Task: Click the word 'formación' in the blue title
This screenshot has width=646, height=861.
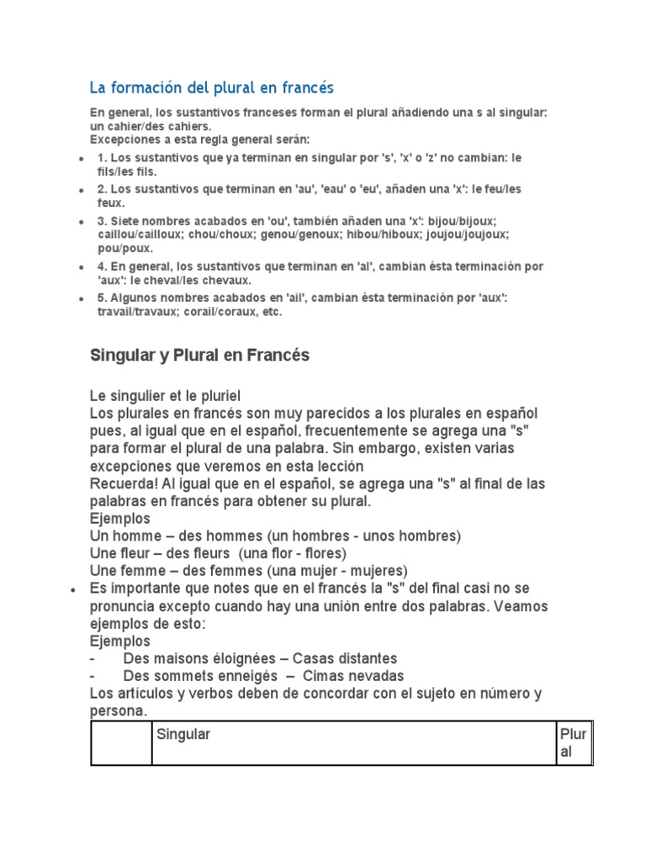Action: click(x=138, y=87)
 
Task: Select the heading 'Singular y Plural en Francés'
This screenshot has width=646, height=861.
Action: click(x=199, y=356)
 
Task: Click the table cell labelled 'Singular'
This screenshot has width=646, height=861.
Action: click(x=183, y=734)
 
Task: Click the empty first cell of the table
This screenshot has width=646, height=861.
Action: click(x=121, y=742)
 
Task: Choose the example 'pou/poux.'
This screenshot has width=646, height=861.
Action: click(x=125, y=248)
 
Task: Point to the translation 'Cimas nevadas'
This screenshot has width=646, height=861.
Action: click(x=353, y=676)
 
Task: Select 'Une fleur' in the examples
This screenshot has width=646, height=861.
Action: click(x=119, y=553)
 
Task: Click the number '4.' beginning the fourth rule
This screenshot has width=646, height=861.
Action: click(x=103, y=267)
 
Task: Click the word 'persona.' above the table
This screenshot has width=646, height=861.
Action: click(x=119, y=710)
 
